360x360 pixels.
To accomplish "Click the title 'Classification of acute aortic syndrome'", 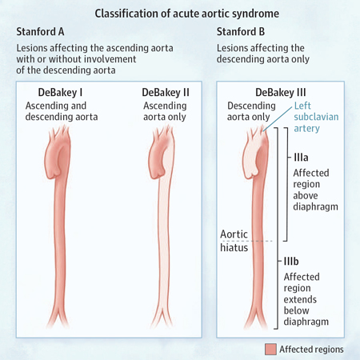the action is pos(187,14).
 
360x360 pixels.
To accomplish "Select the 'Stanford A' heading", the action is pos(40,32).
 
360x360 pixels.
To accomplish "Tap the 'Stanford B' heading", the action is pos(241,32).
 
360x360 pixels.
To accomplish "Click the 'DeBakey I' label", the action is pos(60,93).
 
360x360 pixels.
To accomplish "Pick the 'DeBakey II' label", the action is pos(166,93).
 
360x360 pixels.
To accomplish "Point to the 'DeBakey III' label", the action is pos(281,93).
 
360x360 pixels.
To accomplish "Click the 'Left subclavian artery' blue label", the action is pos(316,117).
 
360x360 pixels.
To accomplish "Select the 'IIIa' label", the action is pos(301,158).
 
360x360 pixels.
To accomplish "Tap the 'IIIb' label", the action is pos(291,261).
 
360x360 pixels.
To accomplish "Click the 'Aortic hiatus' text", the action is pos(234,241).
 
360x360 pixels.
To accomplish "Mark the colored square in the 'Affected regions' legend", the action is pos(270,349).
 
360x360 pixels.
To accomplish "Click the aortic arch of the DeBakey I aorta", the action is pos(58,154).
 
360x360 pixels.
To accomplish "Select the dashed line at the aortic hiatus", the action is pos(246,241).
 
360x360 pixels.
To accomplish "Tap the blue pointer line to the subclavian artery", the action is pos(278,119).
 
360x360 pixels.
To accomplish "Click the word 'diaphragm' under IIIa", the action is pos(315,207).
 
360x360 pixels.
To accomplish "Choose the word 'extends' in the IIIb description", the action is pos(300,299).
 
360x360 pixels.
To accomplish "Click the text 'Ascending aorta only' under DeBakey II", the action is pos(165,111).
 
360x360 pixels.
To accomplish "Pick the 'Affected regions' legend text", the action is pos(311,349).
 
